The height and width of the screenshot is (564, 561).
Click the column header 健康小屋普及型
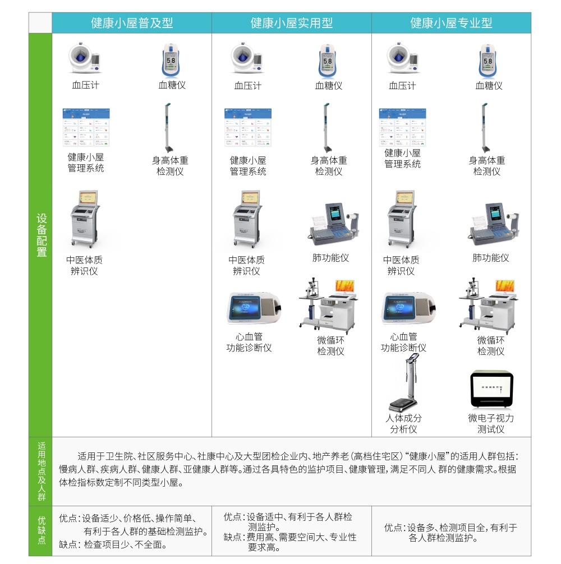pos(132,23)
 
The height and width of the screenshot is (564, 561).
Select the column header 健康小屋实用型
pos(292,23)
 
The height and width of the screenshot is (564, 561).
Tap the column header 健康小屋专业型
pos(451,23)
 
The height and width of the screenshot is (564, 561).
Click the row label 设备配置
pos(41,235)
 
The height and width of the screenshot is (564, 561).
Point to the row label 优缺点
pos(41,531)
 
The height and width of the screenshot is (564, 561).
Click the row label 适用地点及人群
pos(41,471)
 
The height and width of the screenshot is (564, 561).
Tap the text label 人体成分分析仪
pos(404,424)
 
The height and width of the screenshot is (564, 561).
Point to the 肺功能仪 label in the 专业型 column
pos(491,258)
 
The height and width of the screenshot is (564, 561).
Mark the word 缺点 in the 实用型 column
pos(233,537)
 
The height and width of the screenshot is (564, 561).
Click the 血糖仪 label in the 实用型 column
pos(329,86)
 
